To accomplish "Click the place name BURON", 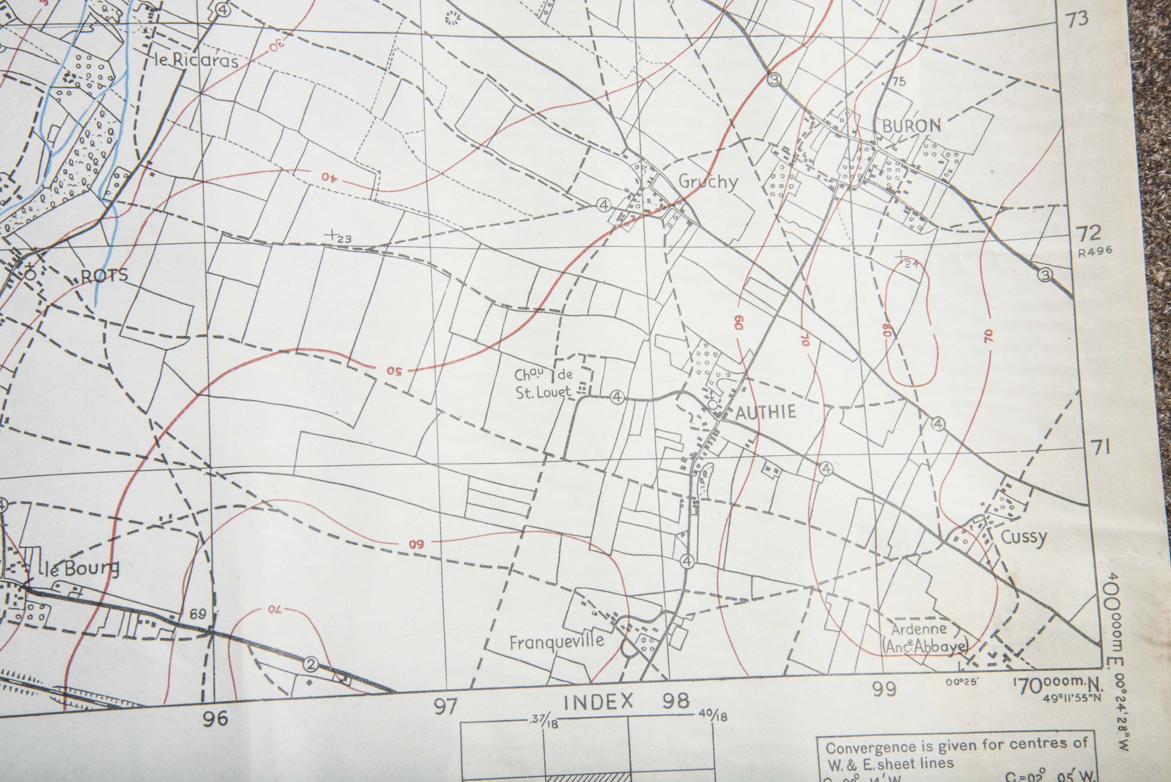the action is tap(911, 127).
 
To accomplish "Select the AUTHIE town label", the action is tap(765, 412).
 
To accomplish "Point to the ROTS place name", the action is tap(104, 275).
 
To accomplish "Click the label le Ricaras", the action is tap(196, 61).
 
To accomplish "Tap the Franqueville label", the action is tap(556, 642).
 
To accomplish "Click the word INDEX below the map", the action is tap(598, 702).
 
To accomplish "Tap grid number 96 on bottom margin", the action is tap(215, 719).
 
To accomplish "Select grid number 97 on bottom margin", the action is tap(445, 706).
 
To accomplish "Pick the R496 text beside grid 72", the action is tap(1094, 251).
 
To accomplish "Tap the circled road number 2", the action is tap(311, 664).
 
